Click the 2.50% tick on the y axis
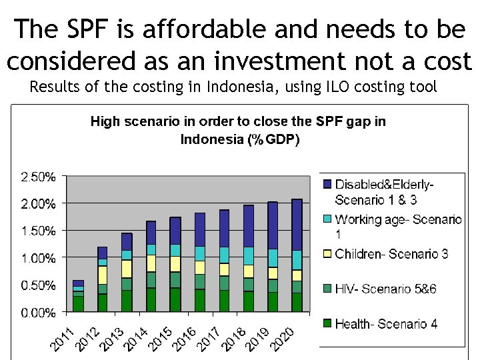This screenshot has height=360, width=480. click(38, 177)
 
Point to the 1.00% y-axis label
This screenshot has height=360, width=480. click(38, 258)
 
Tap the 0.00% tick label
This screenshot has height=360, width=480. click(38, 313)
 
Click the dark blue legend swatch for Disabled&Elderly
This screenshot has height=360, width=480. click(327, 184)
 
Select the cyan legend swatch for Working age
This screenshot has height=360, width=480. click(327, 219)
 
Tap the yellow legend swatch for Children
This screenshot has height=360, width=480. click(327, 254)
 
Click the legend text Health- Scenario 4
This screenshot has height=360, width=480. click(386, 324)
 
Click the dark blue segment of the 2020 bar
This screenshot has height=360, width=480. click(297, 225)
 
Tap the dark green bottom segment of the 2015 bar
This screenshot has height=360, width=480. click(175, 299)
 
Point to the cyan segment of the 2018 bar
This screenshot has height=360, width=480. click(248, 256)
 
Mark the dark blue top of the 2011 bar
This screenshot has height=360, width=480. click(78, 283)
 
